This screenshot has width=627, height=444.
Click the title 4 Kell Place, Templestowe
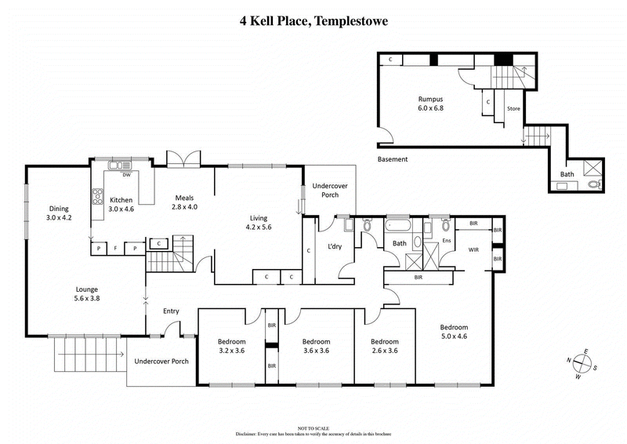pos(313,22)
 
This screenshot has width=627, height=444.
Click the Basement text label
pos(393,159)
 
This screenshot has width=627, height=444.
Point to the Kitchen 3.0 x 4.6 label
pos(122,205)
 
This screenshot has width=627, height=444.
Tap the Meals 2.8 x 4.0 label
pos(184,202)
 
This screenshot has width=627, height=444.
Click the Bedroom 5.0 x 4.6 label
pos(453,332)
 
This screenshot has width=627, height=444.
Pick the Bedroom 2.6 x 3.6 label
pos(384,346)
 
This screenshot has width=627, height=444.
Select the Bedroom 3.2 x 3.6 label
pos(231,346)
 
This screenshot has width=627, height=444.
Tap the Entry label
pos(171,311)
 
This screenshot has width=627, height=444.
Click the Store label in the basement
pos(514,108)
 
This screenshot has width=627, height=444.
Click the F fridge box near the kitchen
pos(117,249)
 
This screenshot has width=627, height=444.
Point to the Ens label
pos(447,240)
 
